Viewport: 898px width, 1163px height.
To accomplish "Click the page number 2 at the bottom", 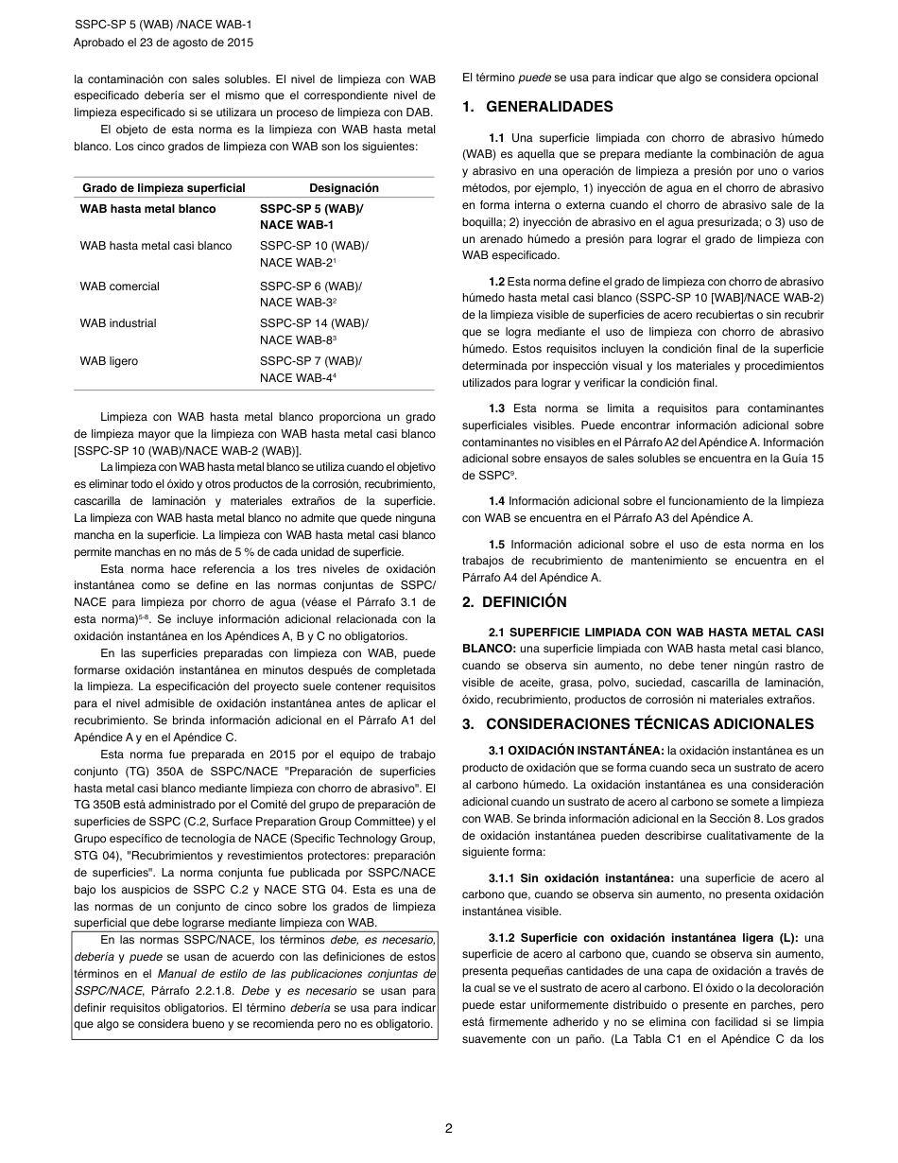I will coord(449,1128).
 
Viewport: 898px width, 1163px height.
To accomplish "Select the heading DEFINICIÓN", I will coord(527,602).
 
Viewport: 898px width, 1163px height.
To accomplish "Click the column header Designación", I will coord(344,188).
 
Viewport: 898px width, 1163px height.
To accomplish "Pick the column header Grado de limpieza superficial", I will coord(164,188).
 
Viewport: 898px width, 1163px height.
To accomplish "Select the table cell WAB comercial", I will coord(120,286).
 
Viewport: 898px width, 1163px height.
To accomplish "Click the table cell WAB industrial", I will coord(118,323).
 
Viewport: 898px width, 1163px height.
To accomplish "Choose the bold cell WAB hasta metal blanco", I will coord(148,209).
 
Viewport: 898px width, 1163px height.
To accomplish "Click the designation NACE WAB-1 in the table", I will coord(297,225).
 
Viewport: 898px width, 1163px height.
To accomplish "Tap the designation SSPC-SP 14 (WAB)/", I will coord(314,323).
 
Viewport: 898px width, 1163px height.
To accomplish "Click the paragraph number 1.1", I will coord(497,137).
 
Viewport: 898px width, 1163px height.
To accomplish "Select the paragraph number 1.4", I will coord(497,501).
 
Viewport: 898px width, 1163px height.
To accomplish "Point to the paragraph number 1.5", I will coord(497,545).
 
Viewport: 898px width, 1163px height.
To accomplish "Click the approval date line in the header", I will coord(164,43).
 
